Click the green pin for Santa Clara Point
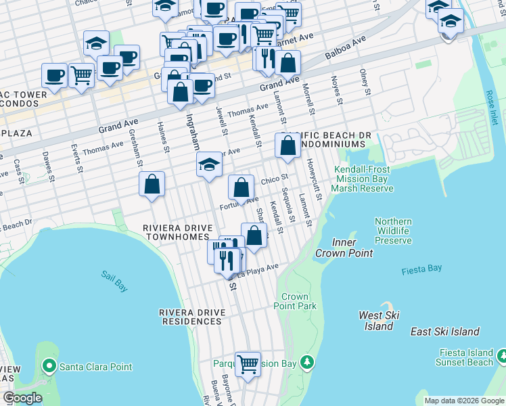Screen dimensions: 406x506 (49, 367)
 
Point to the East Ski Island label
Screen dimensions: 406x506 (444, 332)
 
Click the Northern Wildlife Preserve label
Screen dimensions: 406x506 (393, 231)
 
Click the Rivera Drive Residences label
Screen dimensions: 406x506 (191, 317)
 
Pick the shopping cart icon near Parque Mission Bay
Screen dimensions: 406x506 (248, 363)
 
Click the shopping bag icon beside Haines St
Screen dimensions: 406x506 (152, 183)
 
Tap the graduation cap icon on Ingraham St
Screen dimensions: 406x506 (209, 164)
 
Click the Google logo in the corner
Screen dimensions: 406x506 (22, 399)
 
